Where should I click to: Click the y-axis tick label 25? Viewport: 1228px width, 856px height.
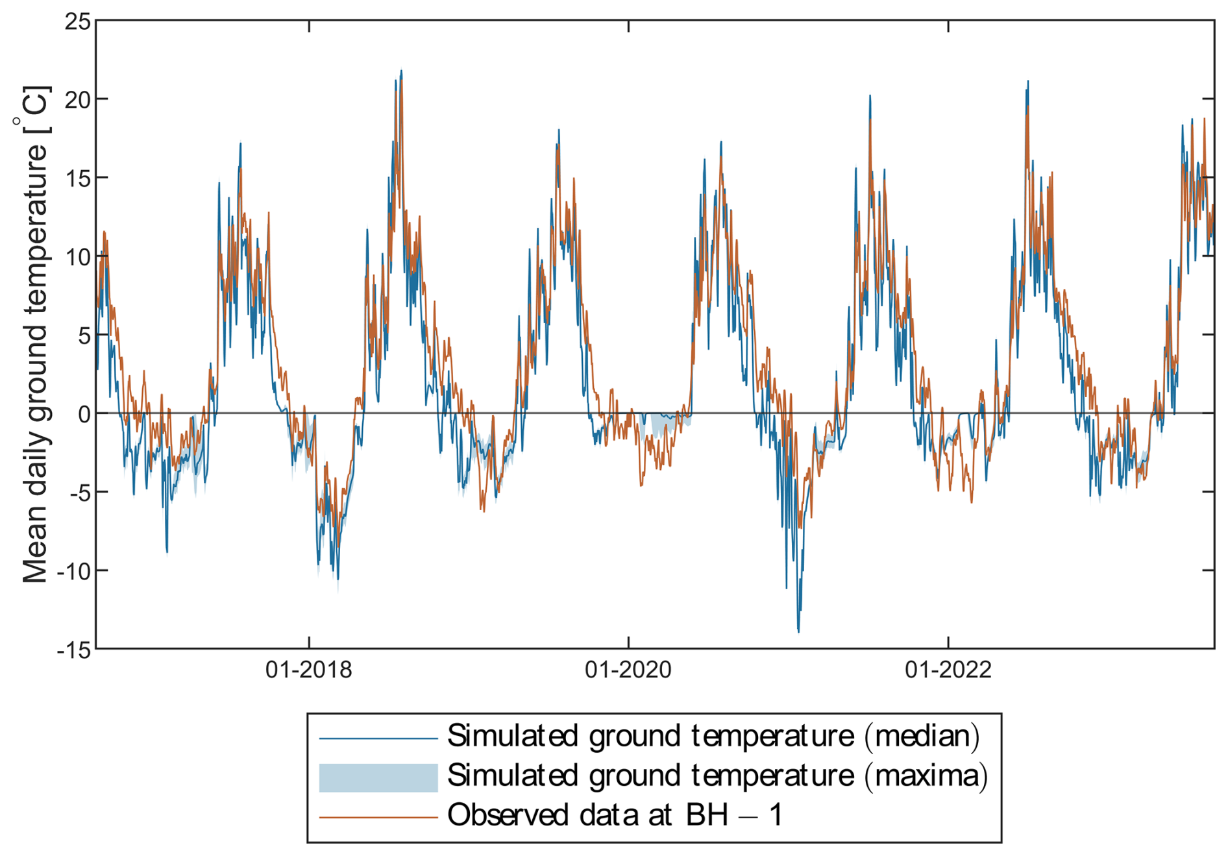(77, 21)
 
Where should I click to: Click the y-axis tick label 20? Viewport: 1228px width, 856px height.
(77, 99)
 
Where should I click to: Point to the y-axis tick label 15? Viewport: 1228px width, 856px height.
(77, 178)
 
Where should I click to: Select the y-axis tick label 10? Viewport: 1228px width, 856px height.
(77, 256)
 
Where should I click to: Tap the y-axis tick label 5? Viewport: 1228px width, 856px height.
(84, 335)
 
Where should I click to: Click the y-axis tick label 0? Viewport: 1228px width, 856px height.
(84, 413)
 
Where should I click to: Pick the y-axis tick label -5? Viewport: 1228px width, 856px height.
(80, 492)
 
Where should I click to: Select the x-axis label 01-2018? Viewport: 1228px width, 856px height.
(309, 669)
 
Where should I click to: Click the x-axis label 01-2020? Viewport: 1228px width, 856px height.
(628, 669)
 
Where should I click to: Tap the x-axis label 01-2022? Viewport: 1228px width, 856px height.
(948, 669)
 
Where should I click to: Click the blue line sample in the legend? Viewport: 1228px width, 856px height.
(378, 738)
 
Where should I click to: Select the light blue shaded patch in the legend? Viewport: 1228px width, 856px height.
(378, 777)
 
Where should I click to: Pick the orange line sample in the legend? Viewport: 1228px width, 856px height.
(378, 817)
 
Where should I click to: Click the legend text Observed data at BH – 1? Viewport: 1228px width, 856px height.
(615, 815)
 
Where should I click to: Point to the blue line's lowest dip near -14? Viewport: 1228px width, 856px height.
(798, 631)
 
